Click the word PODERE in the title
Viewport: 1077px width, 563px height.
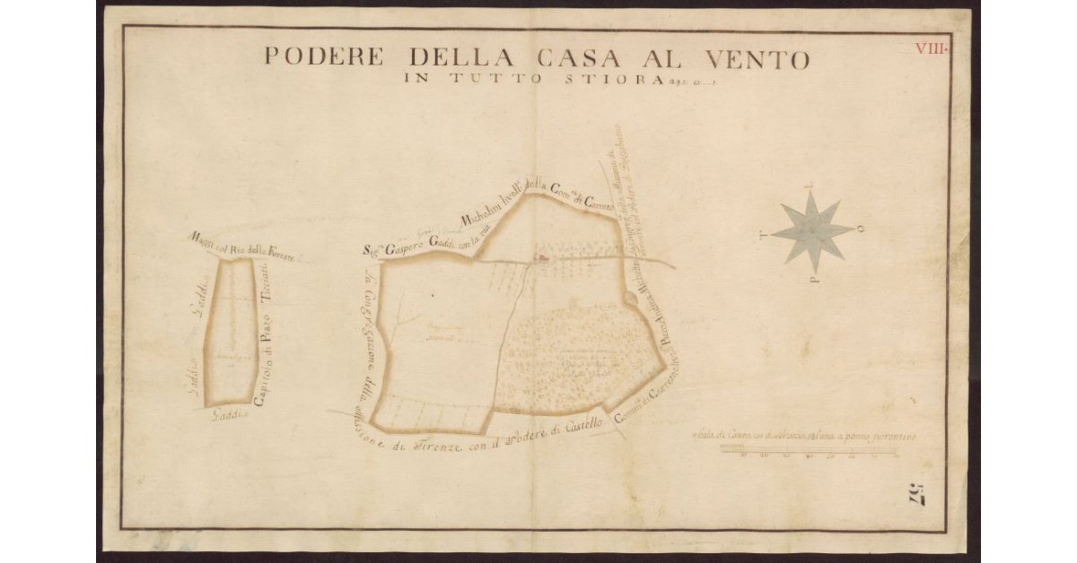(324, 58)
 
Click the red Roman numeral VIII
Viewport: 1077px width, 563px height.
(931, 48)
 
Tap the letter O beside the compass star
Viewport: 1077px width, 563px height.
(862, 229)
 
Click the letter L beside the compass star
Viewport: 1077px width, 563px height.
(810, 188)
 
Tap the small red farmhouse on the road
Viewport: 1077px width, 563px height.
(541, 260)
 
